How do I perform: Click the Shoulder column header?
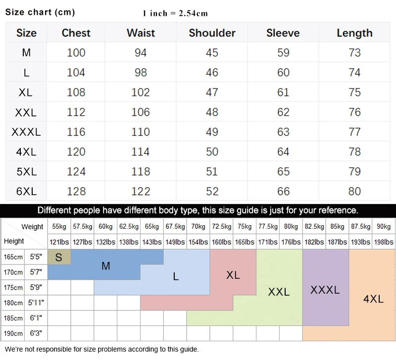212,33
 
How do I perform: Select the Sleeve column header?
283,33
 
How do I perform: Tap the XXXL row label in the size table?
26,132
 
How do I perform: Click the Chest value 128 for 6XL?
76,192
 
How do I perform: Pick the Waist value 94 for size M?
141,53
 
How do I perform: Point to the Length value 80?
354,192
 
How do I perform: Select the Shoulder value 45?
212,53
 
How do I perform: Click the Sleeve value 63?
283,132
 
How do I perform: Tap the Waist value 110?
141,132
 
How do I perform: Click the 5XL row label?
26,172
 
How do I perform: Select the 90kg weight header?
384,227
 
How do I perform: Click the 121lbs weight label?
59,243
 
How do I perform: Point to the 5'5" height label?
36,257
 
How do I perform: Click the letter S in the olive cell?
59,257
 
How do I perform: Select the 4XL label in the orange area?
373,299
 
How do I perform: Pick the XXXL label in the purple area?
325,290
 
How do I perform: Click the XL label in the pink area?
233,275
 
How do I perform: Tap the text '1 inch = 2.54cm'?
175,13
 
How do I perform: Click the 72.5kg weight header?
221,227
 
